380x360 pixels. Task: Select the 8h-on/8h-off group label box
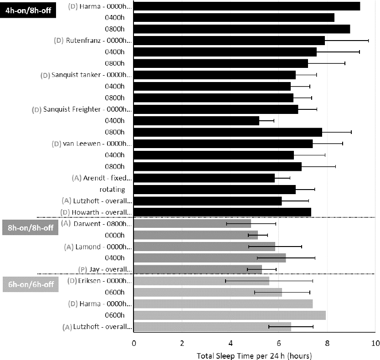(x=31, y=227)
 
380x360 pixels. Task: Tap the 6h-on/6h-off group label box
(x=31, y=284)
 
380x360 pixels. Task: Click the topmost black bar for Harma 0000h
(x=246, y=6)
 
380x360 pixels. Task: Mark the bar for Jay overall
(x=198, y=269)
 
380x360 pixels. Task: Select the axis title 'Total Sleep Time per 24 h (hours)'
(x=254, y=355)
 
